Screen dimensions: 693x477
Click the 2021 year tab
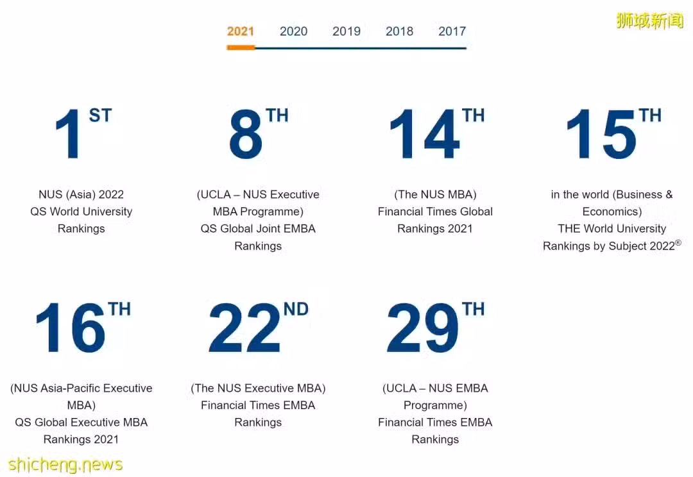(241, 31)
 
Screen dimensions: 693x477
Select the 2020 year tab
(293, 31)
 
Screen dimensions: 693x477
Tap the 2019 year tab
(346, 31)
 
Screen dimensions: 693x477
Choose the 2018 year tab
(400, 31)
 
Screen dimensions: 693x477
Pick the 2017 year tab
(452, 31)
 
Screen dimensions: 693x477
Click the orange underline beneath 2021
(241, 47)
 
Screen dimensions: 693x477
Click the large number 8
(246, 134)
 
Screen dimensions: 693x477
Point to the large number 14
(425, 134)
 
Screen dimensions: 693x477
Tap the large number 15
(601, 134)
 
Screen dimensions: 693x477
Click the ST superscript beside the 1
(100, 115)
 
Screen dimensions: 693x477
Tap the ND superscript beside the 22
(296, 309)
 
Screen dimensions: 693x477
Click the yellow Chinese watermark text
(649, 21)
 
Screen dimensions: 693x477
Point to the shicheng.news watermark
(65, 465)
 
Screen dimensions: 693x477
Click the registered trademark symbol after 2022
(678, 242)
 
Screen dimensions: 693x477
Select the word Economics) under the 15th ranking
(612, 212)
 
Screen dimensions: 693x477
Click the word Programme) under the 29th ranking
(435, 405)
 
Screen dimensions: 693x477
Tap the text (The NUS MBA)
(435, 194)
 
